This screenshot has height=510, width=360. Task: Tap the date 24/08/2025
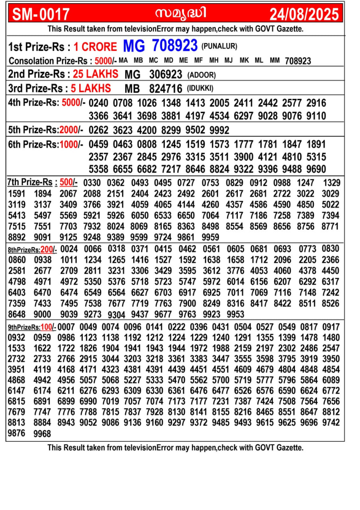pyautogui.click(x=305, y=15)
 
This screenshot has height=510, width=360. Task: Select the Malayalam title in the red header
pyautogui.click(x=181, y=14)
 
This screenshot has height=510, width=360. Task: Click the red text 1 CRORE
pyautogui.click(x=95, y=47)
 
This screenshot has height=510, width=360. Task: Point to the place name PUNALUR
pyautogui.click(x=219, y=46)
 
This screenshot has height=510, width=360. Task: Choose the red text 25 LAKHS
pyautogui.click(x=96, y=74)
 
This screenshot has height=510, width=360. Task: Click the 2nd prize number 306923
pyautogui.click(x=166, y=75)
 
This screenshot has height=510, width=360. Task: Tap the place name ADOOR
pyautogui.click(x=202, y=75)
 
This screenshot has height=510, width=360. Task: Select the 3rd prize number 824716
pyautogui.click(x=166, y=88)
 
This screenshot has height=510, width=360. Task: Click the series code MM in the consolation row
pyautogui.click(x=274, y=61)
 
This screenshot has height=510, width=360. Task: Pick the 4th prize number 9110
pyautogui.click(x=316, y=116)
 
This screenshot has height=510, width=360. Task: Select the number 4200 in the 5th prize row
pyautogui.click(x=147, y=130)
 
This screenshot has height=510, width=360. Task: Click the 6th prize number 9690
pyautogui.click(x=316, y=169)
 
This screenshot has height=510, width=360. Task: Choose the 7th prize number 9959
pyautogui.click(x=211, y=237)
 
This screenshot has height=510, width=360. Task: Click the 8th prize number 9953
pyautogui.click(x=235, y=314)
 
